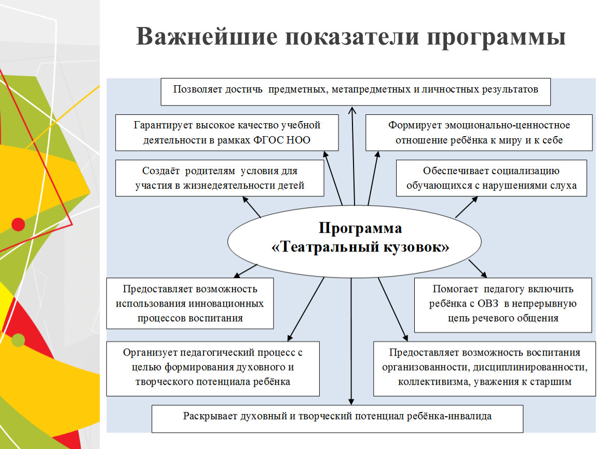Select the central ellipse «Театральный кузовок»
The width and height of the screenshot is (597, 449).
click(355, 241)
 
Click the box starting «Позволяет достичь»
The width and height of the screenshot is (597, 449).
click(356, 92)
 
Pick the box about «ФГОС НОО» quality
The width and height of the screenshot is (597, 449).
click(227, 133)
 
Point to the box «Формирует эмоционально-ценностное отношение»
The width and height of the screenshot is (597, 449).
click(479, 133)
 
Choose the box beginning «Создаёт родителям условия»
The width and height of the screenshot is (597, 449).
click(220, 178)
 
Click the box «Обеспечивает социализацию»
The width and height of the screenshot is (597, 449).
click(492, 178)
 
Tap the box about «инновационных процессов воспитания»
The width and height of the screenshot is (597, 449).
click(190, 303)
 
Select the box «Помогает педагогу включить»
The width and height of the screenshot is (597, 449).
click(503, 305)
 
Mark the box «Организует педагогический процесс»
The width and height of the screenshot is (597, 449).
click(213, 368)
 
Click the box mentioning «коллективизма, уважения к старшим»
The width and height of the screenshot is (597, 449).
click(485, 368)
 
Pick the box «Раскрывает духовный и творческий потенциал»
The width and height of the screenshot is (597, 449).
click(337, 419)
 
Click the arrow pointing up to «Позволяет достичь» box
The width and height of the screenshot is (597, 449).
click(353, 156)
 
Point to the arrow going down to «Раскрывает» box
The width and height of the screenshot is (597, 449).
click(351, 341)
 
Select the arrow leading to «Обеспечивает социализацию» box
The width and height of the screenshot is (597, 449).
click(466, 207)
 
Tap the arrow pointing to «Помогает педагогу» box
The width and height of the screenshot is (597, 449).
click(478, 269)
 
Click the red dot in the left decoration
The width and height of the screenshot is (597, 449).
click(18, 224)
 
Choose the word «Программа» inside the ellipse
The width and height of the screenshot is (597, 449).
click(360, 228)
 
